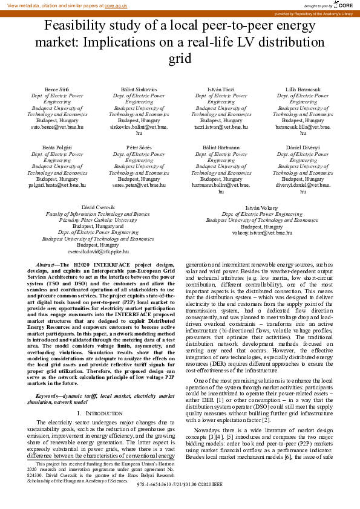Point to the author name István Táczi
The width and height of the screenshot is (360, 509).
pyautogui.click(x=221, y=89)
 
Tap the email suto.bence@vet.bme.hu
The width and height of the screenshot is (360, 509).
pyautogui.click(x=57, y=128)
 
